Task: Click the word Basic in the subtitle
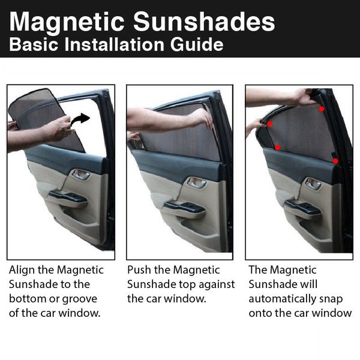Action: point(31,45)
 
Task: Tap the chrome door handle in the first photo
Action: point(80,175)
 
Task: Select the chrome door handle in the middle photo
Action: point(196,182)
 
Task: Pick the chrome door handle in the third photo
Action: point(313,184)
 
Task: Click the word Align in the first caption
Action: point(22,271)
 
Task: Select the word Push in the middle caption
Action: point(139,271)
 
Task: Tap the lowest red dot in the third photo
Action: point(336,161)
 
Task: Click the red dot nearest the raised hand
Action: point(322,109)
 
